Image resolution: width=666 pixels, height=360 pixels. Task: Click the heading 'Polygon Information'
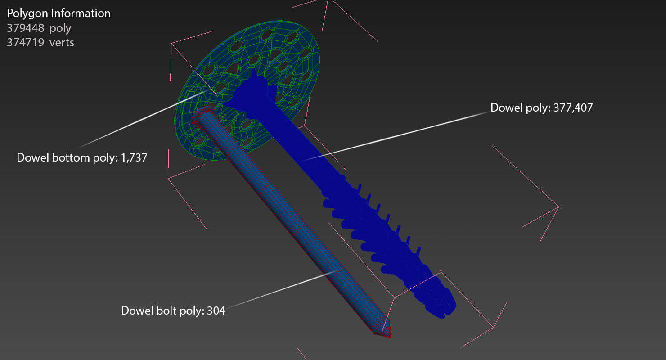coord(58,13)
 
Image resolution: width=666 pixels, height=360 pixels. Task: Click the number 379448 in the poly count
coord(25,28)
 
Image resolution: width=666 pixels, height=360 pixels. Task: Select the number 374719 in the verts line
coord(25,43)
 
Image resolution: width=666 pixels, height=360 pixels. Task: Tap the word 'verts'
coord(62,43)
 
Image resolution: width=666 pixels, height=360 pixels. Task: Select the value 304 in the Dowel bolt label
coord(216,310)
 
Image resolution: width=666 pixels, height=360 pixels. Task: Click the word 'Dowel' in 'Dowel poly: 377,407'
coord(504,108)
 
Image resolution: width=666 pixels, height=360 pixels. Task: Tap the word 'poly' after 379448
coord(60,28)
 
